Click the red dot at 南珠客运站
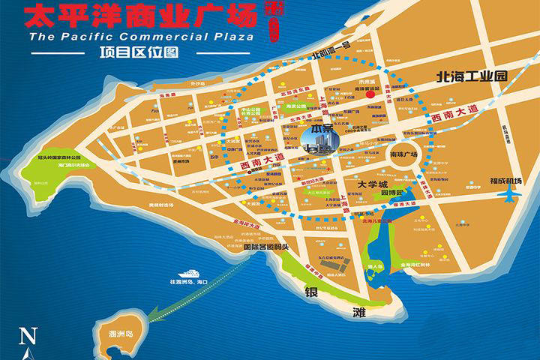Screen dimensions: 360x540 click(369, 95)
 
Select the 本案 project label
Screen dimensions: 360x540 click(302, 129)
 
